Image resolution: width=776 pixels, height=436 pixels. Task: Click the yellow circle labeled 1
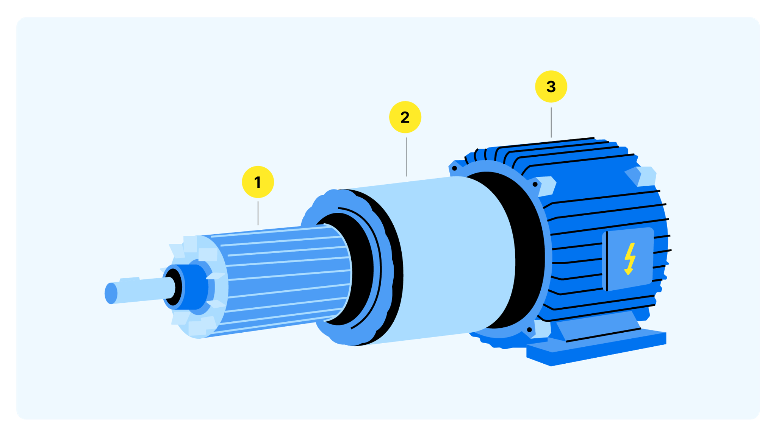258,182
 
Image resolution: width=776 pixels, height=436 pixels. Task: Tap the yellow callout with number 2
405,117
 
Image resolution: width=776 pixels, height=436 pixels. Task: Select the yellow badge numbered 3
551,87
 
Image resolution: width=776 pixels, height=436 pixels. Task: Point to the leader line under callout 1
258,213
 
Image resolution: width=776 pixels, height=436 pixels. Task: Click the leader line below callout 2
407,157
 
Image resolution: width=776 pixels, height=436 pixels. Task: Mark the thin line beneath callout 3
551,122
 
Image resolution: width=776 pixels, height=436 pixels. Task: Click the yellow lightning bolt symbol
629,258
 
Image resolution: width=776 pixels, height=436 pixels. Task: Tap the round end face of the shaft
111,293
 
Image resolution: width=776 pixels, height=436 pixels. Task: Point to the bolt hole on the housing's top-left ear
454,168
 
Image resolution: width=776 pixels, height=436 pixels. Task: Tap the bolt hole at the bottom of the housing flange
529,330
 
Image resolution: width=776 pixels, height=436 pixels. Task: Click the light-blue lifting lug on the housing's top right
644,176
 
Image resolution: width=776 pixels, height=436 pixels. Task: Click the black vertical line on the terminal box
607,261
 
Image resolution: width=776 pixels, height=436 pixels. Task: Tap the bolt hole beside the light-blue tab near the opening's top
535,184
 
